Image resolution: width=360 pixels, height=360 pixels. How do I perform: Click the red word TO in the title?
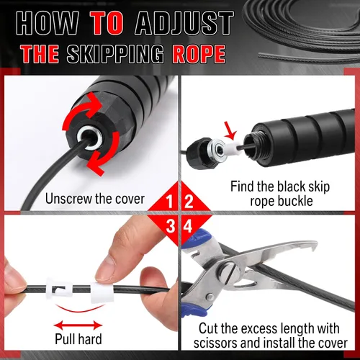click(107, 24)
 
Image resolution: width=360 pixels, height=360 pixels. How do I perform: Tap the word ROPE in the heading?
click(199, 54)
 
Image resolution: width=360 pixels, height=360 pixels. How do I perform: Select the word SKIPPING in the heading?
click(115, 54)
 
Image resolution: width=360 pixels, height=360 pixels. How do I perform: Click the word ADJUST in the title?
click(184, 24)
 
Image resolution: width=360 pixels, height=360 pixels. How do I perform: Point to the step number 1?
click(169, 202)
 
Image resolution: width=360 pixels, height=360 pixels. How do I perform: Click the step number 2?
click(189, 202)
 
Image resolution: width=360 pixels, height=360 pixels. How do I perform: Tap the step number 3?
click(170, 226)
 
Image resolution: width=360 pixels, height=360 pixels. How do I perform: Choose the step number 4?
click(188, 226)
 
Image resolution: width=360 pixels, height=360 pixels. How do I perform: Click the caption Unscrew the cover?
click(95, 199)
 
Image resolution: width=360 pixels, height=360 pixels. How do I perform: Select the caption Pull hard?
click(78, 338)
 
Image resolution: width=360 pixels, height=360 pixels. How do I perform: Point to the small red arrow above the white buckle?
click(230, 130)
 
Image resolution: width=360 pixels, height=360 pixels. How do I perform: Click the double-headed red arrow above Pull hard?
click(78, 325)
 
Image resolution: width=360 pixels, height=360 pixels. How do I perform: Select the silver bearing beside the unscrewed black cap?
click(216, 150)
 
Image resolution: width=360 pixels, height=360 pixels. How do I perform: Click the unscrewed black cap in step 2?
click(199, 152)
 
